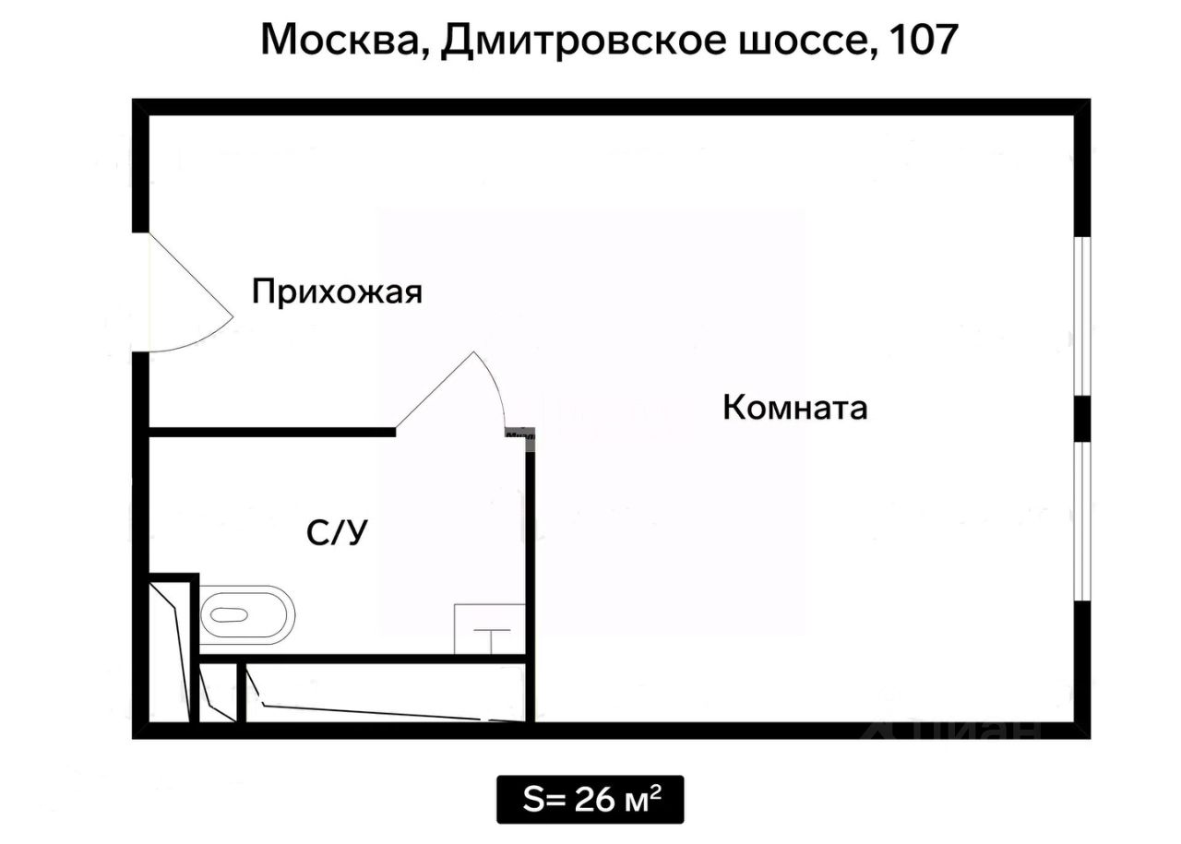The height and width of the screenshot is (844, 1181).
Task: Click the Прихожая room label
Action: (337, 292)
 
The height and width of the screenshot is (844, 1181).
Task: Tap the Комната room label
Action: (794, 407)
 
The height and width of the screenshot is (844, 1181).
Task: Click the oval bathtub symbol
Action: (246, 614)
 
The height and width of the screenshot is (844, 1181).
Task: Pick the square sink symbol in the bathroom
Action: (490, 629)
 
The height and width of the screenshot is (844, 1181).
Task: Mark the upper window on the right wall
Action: (1084, 316)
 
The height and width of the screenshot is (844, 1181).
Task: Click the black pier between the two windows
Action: (1083, 420)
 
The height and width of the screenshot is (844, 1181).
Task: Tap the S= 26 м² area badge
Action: (590, 799)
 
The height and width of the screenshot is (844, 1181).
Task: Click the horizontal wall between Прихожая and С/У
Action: (272, 432)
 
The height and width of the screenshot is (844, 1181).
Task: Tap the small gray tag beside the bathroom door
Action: (519, 432)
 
